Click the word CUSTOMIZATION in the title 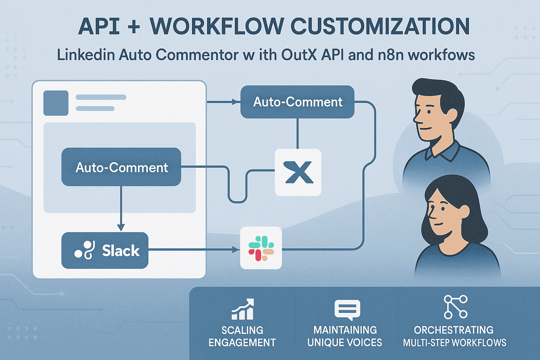coord(380,26)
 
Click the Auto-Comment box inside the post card coord(121,167)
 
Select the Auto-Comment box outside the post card coord(297,102)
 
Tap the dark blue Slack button coord(105,251)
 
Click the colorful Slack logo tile coord(261,248)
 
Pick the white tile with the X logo coord(298,172)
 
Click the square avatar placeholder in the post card coord(56,103)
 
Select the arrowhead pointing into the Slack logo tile coord(236,250)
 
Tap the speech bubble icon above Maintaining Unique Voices coord(347,310)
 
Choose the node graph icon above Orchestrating coord(455,307)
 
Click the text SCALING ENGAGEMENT coord(242,336)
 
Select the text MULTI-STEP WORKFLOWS coord(455,343)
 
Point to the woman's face coord(444,214)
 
